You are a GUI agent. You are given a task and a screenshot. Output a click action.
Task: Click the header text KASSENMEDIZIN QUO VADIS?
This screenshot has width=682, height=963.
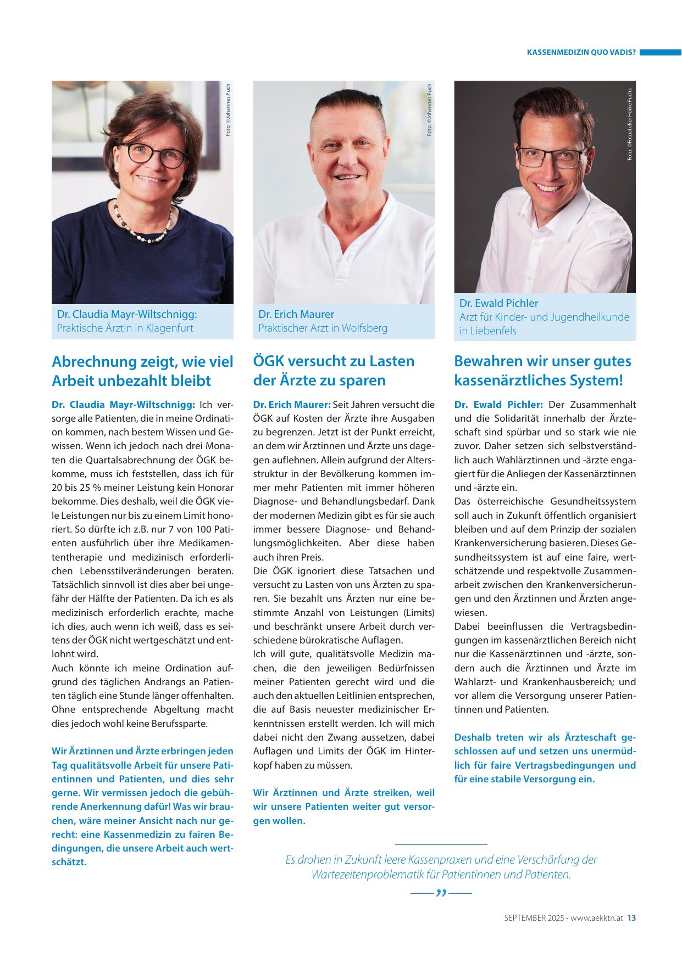click(581, 53)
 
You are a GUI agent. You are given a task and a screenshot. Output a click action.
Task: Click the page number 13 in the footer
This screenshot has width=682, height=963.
click(631, 917)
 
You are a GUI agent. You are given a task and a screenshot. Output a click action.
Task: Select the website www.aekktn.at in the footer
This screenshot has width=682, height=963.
click(597, 917)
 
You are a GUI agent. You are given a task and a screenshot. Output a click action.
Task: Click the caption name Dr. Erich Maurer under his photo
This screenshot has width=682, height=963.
click(296, 314)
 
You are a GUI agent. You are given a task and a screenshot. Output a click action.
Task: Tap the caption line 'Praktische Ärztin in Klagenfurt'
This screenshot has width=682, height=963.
click(125, 328)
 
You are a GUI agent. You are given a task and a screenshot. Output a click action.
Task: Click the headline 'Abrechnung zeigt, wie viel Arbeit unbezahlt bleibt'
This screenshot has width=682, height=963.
click(142, 371)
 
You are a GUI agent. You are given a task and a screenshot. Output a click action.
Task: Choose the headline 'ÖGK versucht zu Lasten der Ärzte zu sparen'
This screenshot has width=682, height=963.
click(334, 371)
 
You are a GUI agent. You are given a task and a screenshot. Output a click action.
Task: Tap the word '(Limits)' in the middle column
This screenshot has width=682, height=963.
click(419, 612)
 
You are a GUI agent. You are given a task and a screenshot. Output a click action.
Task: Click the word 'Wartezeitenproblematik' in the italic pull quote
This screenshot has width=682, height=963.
click(374, 875)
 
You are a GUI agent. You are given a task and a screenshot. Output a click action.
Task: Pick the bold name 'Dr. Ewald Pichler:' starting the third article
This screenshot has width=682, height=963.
click(498, 405)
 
